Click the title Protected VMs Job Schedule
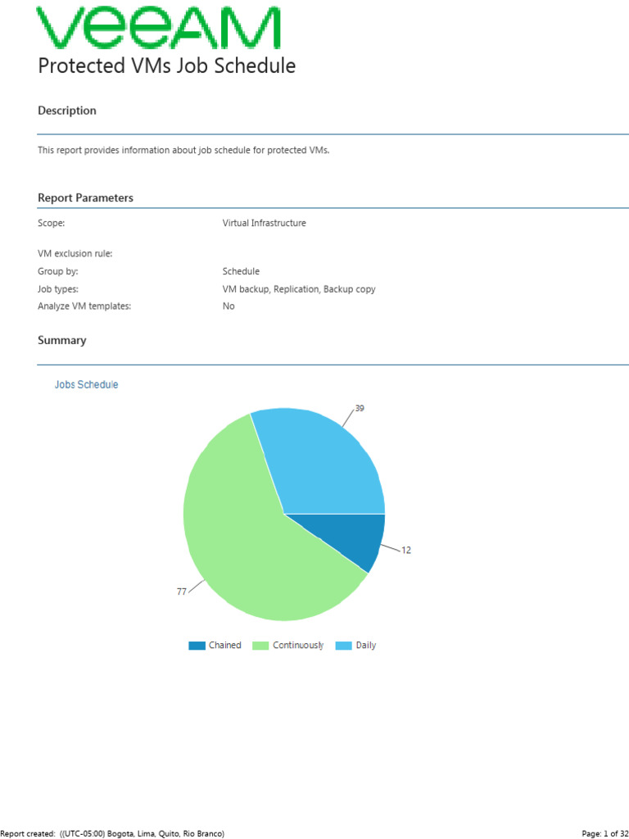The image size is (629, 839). point(166,66)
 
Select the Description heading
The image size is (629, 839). point(67,111)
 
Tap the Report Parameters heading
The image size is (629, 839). point(85,198)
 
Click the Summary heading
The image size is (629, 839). point(62,340)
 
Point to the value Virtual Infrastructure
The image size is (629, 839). point(264,223)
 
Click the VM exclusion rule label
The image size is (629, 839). point(75,254)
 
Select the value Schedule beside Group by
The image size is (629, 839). point(241,271)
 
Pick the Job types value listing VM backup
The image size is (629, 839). point(299,289)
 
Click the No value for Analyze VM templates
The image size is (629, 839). point(229,306)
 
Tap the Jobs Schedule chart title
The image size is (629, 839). point(86,384)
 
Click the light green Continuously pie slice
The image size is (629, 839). point(246,541)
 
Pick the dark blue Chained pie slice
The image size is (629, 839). point(352,537)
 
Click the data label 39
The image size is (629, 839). point(360,408)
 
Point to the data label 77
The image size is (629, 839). point(182,592)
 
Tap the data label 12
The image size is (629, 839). point(406,551)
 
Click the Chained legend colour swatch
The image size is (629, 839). point(197,646)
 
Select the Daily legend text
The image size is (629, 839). point(366,646)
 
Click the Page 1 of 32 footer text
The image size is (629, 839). point(604,833)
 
